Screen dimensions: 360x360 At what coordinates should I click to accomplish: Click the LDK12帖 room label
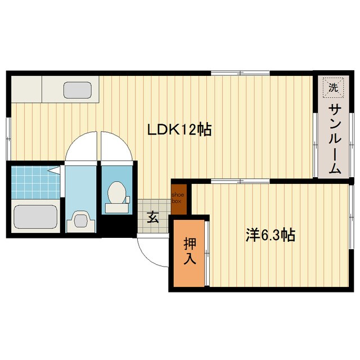click(x=179, y=130)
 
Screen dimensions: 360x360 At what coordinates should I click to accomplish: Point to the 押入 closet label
click(x=189, y=251)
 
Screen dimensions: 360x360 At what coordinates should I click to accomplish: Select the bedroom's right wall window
click(x=350, y=214)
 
